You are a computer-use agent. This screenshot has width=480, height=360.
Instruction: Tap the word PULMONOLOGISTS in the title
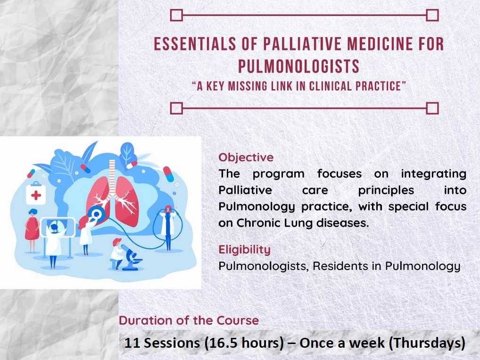pyautogui.click(x=299, y=67)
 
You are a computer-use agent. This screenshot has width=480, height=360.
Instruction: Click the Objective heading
pyautogui.click(x=246, y=157)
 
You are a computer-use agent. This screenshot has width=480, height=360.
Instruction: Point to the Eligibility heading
pyautogui.click(x=244, y=249)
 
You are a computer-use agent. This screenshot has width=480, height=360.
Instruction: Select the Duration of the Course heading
pyautogui.click(x=189, y=320)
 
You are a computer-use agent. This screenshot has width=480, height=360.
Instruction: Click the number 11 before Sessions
pyautogui.click(x=132, y=343)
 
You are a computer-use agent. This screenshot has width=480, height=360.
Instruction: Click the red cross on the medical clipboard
pyautogui.click(x=36, y=195)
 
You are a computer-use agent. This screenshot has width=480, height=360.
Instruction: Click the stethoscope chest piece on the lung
pyautogui.click(x=97, y=215)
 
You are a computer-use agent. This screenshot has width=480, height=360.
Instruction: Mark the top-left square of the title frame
pyautogui.click(x=176, y=16)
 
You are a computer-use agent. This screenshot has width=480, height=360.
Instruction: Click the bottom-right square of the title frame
pyautogui.click(x=432, y=108)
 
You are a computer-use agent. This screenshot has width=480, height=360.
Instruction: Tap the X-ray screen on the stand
pyautogui.click(x=58, y=227)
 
